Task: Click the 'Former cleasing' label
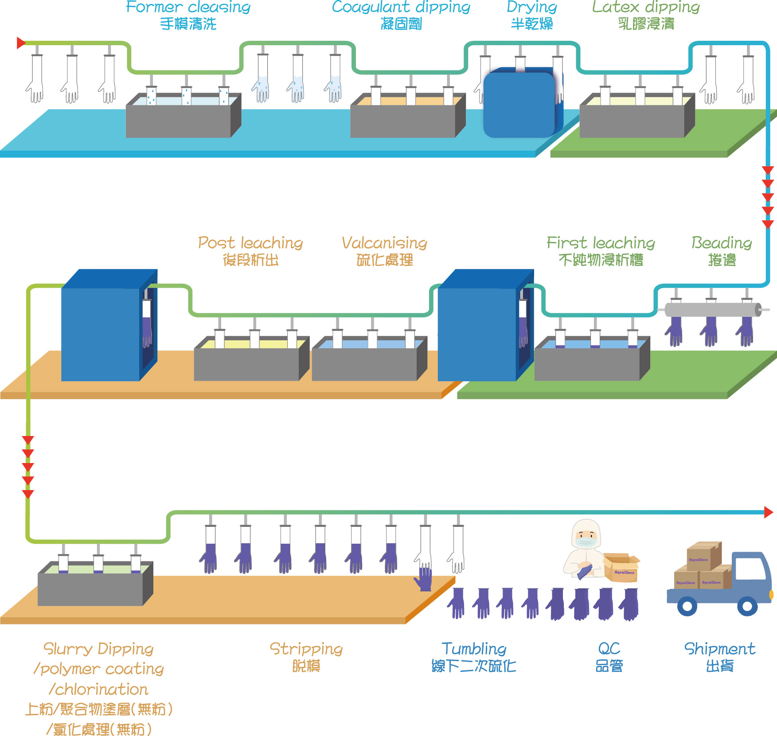(x=188, y=7)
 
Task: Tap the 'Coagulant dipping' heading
(x=401, y=7)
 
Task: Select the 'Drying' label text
(x=531, y=7)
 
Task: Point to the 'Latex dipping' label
(x=646, y=7)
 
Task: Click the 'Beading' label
(x=722, y=243)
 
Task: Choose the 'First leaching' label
(x=601, y=243)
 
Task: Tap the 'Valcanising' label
(x=384, y=243)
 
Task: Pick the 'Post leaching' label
(x=250, y=243)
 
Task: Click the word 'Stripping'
(x=306, y=649)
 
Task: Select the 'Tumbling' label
(x=474, y=649)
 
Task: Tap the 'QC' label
(x=609, y=649)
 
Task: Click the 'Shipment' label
(x=719, y=649)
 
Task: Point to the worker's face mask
(x=586, y=541)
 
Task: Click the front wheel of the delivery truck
(x=747, y=606)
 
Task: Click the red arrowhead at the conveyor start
(x=21, y=43)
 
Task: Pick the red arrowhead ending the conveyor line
(x=769, y=512)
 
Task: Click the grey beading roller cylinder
(x=711, y=310)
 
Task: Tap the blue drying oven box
(x=519, y=104)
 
